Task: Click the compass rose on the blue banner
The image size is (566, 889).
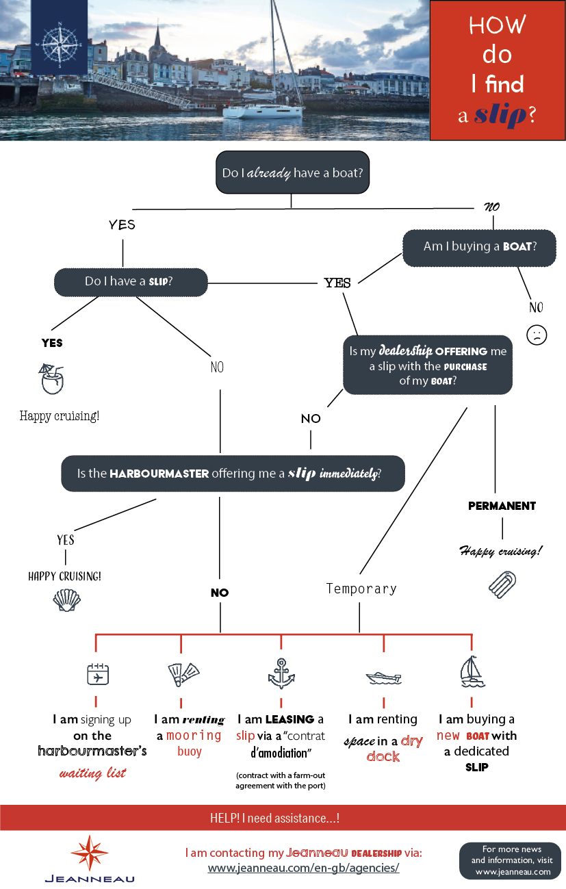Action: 60,44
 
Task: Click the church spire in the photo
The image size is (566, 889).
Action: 157,35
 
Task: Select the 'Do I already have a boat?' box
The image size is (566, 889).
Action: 292,172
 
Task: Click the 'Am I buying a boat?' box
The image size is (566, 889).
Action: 479,248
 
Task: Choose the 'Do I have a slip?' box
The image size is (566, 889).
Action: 131,282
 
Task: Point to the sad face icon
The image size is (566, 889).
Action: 537,335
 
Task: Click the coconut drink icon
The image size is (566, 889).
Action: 51,378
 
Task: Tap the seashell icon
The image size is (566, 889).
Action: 66,600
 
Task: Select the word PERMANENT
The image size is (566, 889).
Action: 502,506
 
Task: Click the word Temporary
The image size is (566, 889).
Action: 361,589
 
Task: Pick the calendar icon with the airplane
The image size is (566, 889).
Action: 98,674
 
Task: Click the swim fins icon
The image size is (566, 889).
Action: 183,674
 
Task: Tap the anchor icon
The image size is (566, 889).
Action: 281,673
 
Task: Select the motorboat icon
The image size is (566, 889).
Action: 383,678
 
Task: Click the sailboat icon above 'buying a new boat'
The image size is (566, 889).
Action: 472,671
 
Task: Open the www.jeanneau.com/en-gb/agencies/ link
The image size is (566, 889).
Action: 304,868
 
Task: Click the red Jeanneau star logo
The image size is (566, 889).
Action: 89,853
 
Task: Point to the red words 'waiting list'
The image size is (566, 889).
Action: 92,773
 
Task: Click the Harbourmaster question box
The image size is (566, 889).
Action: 233,474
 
